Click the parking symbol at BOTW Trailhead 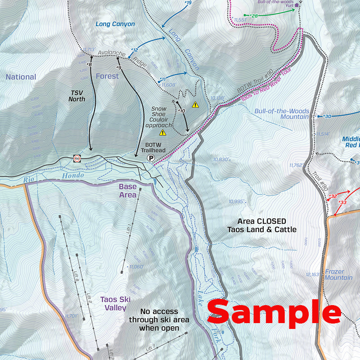(x=151, y=158)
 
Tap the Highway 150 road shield (x=77, y=158)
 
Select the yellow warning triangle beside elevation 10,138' (x=195, y=105)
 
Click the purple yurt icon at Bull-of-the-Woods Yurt (x=297, y=6)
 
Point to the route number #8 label (x=89, y=65)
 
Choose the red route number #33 (x=342, y=202)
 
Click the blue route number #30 (x=327, y=117)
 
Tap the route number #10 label (x=181, y=110)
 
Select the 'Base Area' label (x=128, y=191)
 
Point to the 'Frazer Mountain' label (x=338, y=274)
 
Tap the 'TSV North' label (x=77, y=96)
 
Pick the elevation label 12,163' (x=312, y=274)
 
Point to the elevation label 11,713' (x=90, y=50)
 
